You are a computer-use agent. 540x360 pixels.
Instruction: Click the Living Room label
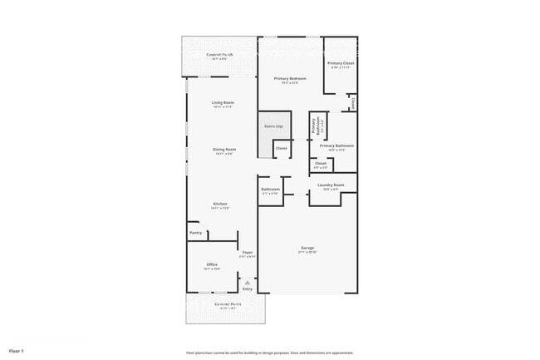pos(222,102)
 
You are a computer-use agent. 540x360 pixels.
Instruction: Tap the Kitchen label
pos(220,204)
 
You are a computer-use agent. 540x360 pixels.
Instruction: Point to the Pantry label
pos(195,233)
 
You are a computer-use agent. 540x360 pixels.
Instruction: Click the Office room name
pos(212,264)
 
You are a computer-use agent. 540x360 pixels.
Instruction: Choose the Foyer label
pos(248,252)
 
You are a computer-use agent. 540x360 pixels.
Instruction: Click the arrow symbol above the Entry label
pos(247,283)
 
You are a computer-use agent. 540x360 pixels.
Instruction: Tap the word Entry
pos(247,288)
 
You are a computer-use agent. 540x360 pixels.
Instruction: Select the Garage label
pos(307,248)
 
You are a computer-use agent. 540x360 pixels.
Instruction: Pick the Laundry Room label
pos(331,185)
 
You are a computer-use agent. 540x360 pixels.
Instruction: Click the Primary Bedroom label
pos(289,78)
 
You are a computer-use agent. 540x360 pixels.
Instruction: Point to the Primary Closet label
pos(341,63)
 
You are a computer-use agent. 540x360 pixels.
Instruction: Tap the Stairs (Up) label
pos(273,126)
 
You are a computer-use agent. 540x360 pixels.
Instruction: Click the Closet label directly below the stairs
pos(281,148)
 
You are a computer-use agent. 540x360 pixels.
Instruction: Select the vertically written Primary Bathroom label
pos(315,126)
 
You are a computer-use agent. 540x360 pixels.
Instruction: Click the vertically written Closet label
pos(353,104)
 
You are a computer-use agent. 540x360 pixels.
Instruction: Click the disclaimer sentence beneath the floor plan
pos(269,353)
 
